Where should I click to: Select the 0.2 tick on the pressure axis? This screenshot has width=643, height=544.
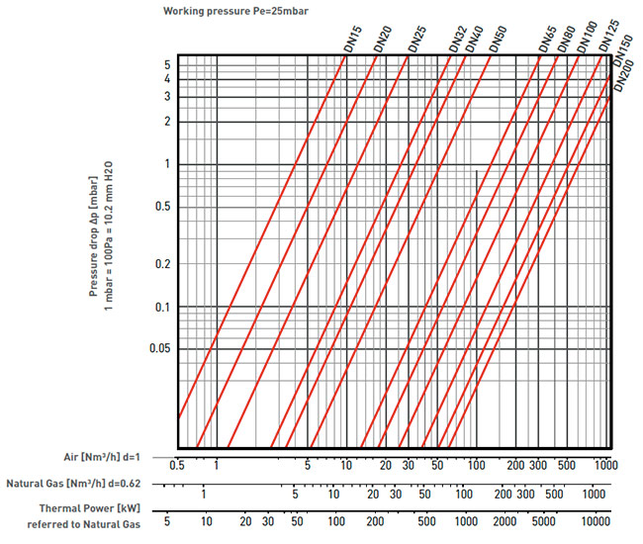tap(160, 266)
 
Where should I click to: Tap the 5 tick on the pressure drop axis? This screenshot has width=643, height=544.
tap(167, 64)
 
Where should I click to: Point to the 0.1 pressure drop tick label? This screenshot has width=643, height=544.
tap(160, 308)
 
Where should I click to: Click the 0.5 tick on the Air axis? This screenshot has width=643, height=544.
tap(178, 464)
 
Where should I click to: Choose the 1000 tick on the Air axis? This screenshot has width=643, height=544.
tap(605, 464)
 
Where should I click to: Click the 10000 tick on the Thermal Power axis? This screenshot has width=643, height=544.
tap(595, 520)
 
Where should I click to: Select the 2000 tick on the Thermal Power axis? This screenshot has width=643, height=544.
tap(505, 520)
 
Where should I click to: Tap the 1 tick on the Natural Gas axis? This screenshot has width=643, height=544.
tap(203, 494)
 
